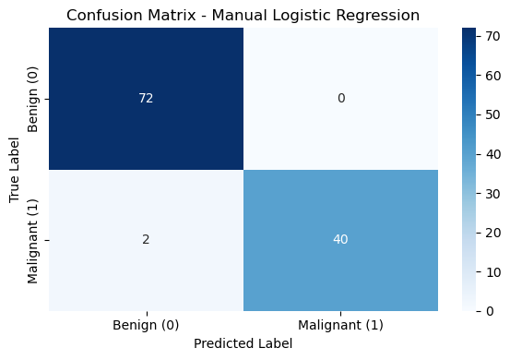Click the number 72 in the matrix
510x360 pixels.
[x=146, y=98]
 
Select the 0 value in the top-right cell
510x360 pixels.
[x=341, y=98]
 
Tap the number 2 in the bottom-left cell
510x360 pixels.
[x=146, y=240]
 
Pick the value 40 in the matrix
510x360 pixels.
[x=340, y=240]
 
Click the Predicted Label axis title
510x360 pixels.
[x=243, y=343]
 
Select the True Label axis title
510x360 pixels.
[x=14, y=170]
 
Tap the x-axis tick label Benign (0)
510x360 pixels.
[x=146, y=325]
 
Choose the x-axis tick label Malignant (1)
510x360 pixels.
[x=340, y=325]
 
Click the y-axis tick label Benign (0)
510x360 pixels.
[x=33, y=100]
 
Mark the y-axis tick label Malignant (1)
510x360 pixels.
[x=33, y=241]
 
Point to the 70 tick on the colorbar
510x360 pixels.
[x=493, y=36]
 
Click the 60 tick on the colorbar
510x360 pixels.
[x=493, y=76]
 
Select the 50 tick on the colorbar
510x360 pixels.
[x=493, y=114]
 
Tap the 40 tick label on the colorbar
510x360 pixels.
[x=493, y=154]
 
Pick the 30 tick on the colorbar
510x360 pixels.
[x=493, y=194]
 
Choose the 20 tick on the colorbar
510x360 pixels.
[x=493, y=233]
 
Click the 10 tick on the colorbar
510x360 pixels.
[x=493, y=272]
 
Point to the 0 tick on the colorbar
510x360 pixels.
[x=490, y=311]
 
